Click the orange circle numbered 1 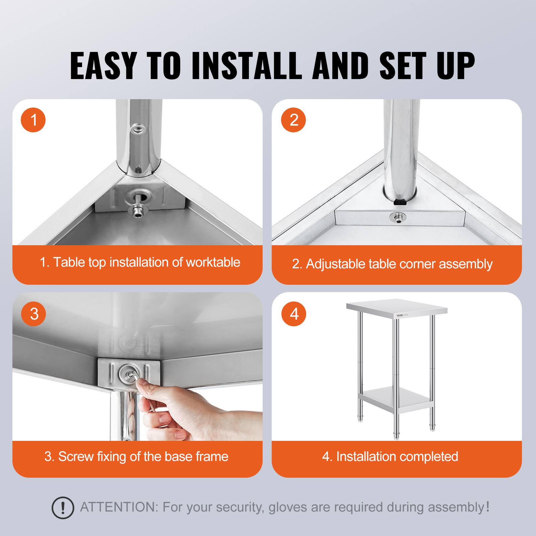[33, 120]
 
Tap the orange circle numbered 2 [294, 120]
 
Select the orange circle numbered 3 [33, 314]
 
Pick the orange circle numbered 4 [294, 314]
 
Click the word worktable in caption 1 [213, 262]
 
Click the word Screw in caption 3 [75, 457]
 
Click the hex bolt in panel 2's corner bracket [396, 217]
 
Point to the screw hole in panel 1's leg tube [137, 129]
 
